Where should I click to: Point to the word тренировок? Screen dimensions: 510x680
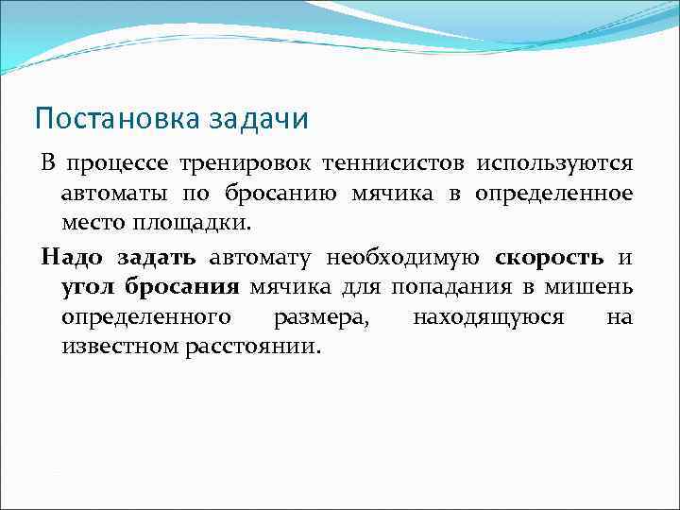[x=242, y=164]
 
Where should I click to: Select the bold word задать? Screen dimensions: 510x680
[x=157, y=258]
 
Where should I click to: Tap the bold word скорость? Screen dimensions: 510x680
[x=550, y=258]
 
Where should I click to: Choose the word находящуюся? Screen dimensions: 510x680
[x=488, y=317]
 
